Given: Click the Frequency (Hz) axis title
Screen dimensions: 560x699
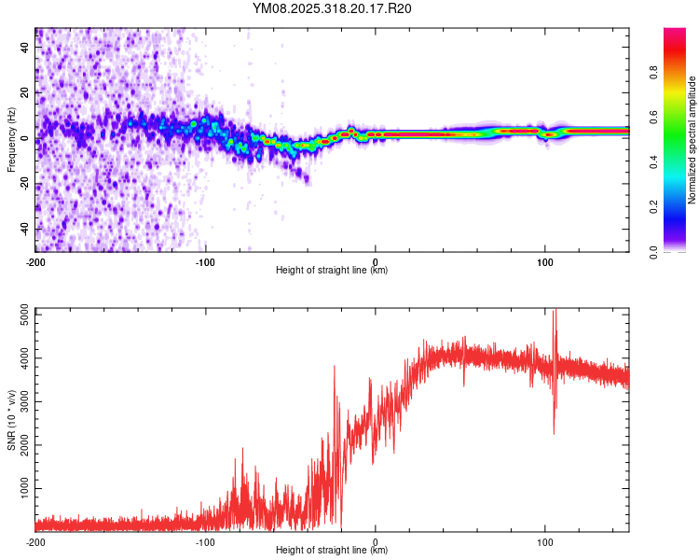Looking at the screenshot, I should click(x=11, y=139).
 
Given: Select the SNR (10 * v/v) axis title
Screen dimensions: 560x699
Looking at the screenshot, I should click(x=11, y=419).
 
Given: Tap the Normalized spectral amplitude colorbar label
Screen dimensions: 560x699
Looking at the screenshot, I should click(x=692, y=140).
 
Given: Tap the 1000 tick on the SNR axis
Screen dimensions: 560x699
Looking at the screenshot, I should click(x=21, y=488).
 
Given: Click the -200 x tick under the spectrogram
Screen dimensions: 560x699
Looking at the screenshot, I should click(x=35, y=261).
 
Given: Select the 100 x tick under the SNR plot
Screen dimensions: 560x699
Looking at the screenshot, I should click(x=544, y=541).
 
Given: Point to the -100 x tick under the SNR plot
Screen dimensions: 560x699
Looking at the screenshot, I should click(x=205, y=541).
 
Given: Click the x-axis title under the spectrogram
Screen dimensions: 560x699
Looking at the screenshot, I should click(x=332, y=271).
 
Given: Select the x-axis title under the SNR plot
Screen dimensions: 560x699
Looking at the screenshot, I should click(x=332, y=551).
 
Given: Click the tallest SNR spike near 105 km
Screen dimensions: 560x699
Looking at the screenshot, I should click(x=555, y=314).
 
